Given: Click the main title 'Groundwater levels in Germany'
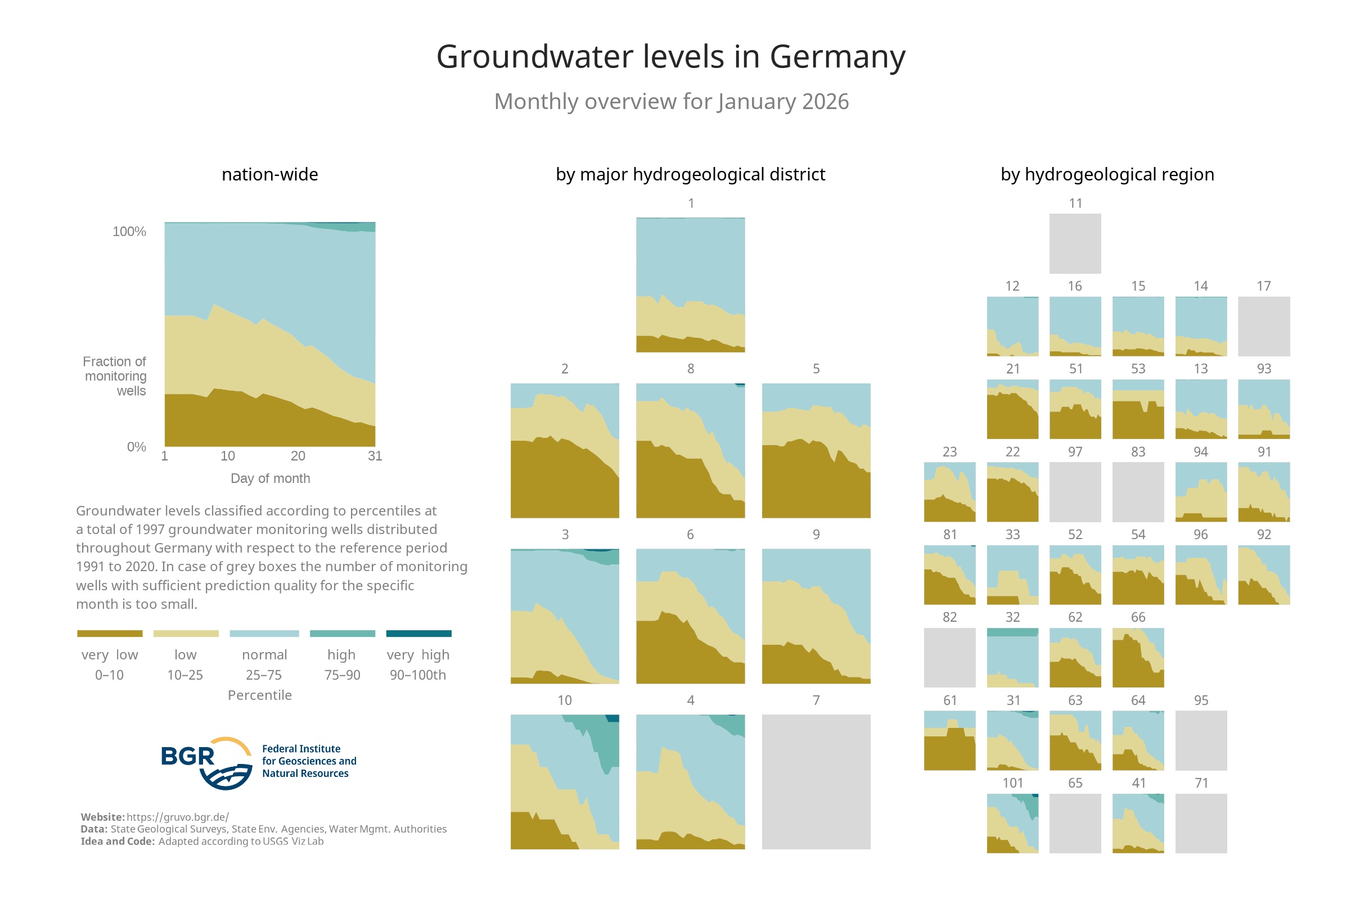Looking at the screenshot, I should (670, 57).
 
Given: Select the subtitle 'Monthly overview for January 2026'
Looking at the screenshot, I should (670, 102).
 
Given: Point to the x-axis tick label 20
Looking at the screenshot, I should (298, 456).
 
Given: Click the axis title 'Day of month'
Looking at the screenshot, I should (270, 478).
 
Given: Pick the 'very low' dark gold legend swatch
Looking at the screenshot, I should (110, 633).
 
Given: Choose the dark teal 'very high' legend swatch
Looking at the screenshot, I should (418, 633).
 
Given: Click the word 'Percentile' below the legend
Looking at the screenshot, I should (259, 695).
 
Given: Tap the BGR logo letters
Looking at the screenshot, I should (187, 757).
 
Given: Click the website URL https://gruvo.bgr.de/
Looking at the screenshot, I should (177, 817).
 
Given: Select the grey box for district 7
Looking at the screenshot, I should (816, 781).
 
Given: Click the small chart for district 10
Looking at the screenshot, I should (564, 781).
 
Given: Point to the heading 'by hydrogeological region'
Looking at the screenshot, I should (1106, 174).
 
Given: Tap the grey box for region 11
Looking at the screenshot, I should (1075, 243).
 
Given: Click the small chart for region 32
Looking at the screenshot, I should (1012, 657).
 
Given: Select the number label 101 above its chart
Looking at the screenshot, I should (1012, 783).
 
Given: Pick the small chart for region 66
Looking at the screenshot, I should (1137, 657).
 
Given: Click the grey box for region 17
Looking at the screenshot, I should (1263, 326).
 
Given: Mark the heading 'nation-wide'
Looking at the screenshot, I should (270, 174).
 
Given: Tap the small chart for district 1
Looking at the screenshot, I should (690, 284).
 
